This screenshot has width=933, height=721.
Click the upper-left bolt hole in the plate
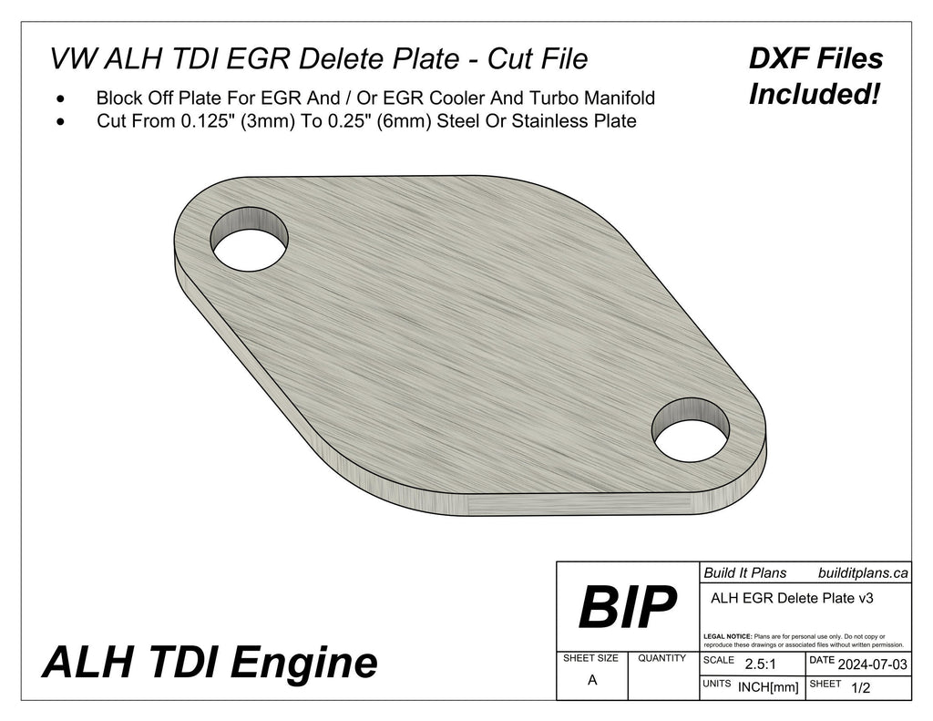(249, 239)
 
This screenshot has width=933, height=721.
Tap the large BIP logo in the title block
(627, 607)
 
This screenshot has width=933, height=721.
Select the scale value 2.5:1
(760, 664)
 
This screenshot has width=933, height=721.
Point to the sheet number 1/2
(858, 689)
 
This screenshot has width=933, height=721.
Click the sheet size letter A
(592, 679)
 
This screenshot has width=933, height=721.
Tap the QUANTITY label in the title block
(662, 658)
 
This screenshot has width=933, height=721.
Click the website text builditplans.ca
(862, 573)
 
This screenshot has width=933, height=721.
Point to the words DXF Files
(815, 59)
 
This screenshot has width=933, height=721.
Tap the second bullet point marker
(61, 121)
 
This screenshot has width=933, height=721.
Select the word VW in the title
(71, 59)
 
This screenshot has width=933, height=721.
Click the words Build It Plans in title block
(744, 573)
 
